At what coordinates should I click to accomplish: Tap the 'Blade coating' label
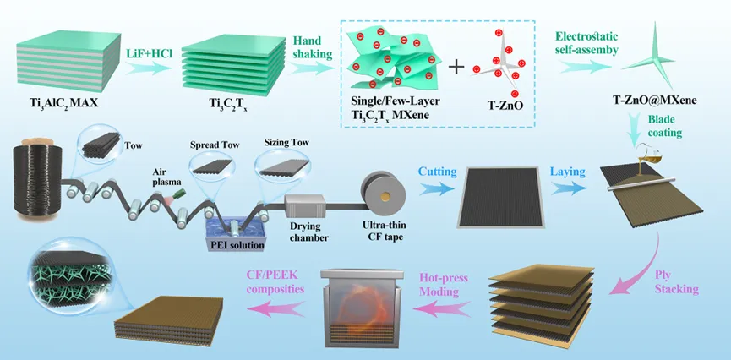(x=668, y=127)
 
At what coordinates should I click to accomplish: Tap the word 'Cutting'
(x=437, y=172)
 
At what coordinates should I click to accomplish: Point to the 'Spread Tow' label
(x=216, y=145)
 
